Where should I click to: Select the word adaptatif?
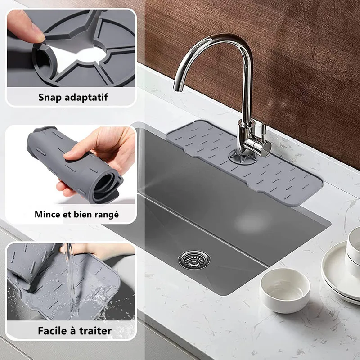86,98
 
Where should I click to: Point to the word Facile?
53,331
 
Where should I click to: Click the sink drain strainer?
194,260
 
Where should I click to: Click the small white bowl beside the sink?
285,290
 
